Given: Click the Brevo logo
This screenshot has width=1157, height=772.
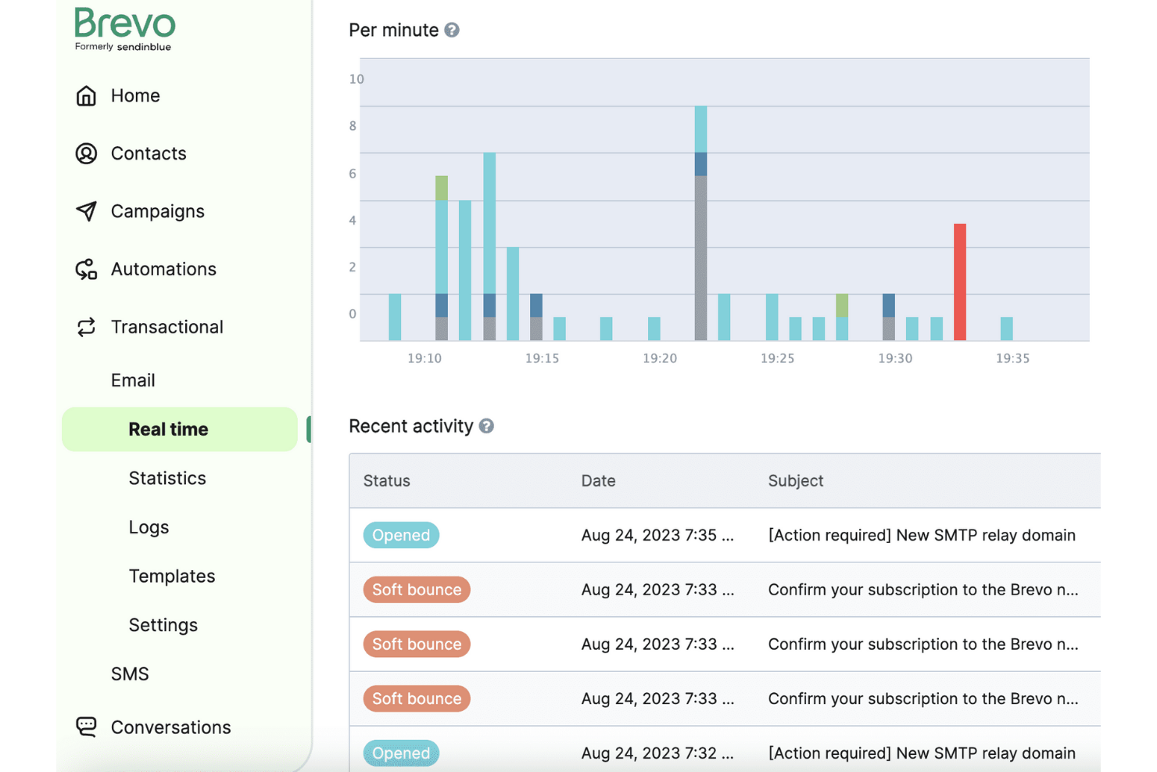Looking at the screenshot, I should pyautogui.click(x=125, y=29).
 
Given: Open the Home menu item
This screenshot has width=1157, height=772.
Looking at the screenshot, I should pyautogui.click(x=134, y=95).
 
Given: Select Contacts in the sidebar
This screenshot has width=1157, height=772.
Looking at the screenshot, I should pyautogui.click(x=148, y=153).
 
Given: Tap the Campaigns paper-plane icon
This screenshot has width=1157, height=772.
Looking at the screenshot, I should pyautogui.click(x=86, y=211).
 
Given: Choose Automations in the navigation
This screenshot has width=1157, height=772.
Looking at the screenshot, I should pyautogui.click(x=163, y=269).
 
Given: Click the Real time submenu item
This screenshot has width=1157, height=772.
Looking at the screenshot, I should pyautogui.click(x=168, y=429).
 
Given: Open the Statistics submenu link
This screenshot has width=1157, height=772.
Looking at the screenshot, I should pyautogui.click(x=167, y=478).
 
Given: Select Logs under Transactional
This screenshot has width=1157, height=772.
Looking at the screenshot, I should pyautogui.click(x=149, y=527).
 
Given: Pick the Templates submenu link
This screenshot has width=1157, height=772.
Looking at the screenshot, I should pyautogui.click(x=172, y=576).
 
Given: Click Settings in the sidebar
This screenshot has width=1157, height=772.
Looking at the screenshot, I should pyautogui.click(x=163, y=625).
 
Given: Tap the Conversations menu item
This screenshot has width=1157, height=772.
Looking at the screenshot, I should pyautogui.click(x=170, y=727).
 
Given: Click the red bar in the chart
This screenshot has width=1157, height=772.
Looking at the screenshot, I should pyautogui.click(x=960, y=282).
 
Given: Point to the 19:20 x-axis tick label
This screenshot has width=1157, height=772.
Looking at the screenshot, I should pyautogui.click(x=660, y=358).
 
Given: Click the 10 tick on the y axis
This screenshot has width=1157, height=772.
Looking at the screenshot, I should pyautogui.click(x=356, y=79).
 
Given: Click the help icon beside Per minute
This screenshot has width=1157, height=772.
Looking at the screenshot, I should pyautogui.click(x=452, y=30).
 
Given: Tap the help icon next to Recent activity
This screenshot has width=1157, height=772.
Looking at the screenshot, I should pyautogui.click(x=486, y=426).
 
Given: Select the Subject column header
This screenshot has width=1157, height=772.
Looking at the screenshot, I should pyautogui.click(x=796, y=481).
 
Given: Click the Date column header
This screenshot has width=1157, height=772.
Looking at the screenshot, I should pyautogui.click(x=598, y=481).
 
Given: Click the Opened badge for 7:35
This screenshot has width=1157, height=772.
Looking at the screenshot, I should pyautogui.click(x=401, y=535).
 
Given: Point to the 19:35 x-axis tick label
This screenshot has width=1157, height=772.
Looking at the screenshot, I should pyautogui.click(x=1012, y=358).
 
